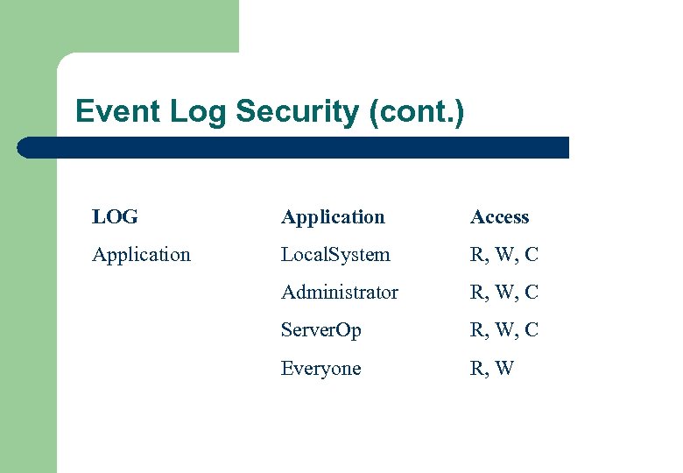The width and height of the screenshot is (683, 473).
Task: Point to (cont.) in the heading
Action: click(417, 112)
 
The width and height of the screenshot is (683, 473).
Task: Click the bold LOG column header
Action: click(115, 217)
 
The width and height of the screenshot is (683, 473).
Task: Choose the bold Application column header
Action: click(333, 217)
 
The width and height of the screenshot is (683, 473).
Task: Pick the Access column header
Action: click(499, 217)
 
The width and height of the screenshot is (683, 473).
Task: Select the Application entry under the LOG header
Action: click(141, 255)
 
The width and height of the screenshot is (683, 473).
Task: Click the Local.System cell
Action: click(335, 255)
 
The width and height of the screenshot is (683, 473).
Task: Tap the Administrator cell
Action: click(339, 293)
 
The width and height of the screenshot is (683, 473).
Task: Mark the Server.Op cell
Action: click(320, 330)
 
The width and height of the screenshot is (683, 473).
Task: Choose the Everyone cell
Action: click(320, 369)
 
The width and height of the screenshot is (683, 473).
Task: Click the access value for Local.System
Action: click(503, 255)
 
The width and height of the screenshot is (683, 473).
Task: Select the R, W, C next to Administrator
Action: click(503, 293)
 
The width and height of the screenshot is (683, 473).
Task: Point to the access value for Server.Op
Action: click(503, 330)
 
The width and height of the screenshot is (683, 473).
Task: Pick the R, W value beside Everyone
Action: click(491, 369)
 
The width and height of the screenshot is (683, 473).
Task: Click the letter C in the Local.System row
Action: click(532, 255)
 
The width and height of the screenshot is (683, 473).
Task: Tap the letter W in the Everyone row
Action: click(503, 369)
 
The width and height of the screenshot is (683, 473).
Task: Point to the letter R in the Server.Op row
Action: click(476, 330)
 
